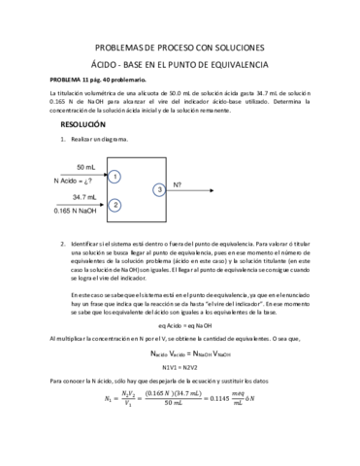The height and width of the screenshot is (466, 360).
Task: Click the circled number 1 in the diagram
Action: click(x=115, y=177)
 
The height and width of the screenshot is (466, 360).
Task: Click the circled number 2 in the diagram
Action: click(x=115, y=205)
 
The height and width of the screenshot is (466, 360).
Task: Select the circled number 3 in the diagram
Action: click(x=159, y=190)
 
